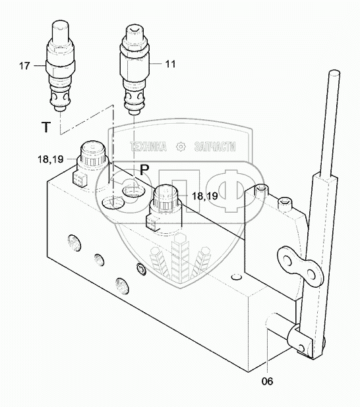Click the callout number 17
pos(24,66)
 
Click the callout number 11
pos(171,64)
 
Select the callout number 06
pos(268,381)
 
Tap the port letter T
pos(46,127)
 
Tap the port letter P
pos(144,171)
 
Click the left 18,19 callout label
pos(51,159)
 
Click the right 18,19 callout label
pos(205,196)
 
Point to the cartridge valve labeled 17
pos(60,67)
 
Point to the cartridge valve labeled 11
pos(135,70)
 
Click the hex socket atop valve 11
pos(135,31)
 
